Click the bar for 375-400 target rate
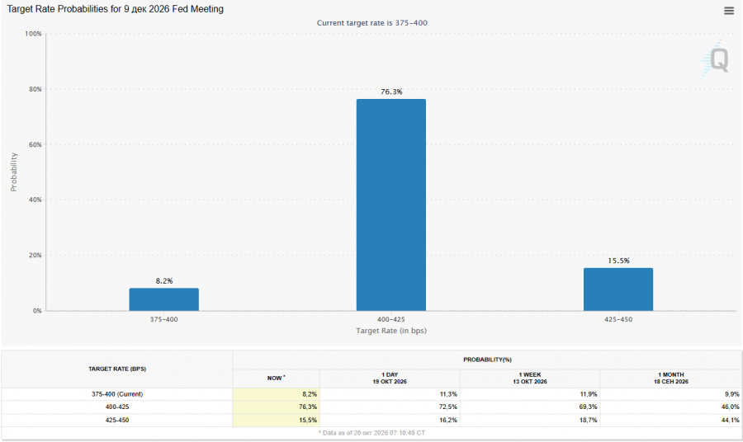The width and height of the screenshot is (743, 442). coord(164,299)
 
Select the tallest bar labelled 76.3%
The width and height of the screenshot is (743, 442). coord(391,205)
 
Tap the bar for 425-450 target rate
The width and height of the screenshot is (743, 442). coord(618,289)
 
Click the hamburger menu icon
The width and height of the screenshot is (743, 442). coord(729,11)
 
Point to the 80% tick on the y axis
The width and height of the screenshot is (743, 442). coord(35,89)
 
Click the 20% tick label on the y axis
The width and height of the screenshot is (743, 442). coord(35,255)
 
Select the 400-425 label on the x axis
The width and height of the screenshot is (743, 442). coord(391,319)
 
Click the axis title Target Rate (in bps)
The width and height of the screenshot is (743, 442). coord(391,331)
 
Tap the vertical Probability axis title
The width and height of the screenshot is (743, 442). coord(13,172)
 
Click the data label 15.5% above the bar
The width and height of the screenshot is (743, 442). coord(618,261)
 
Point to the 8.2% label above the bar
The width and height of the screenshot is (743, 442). coord(164,281)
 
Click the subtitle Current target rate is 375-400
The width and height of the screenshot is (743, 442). coord(372,23)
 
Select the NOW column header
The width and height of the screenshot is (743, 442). coord(276,379)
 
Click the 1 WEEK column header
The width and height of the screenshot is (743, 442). coord(530,379)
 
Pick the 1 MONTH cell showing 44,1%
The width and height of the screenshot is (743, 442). coord(731,421)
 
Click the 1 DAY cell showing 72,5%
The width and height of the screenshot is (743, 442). coord(447,407)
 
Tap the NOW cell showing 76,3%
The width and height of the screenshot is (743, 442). coord(308,407)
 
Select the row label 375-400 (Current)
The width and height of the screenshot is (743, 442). coord(117,394)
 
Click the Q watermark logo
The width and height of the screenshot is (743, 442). coord(716,59)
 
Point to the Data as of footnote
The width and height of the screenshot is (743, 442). coord(372,433)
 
